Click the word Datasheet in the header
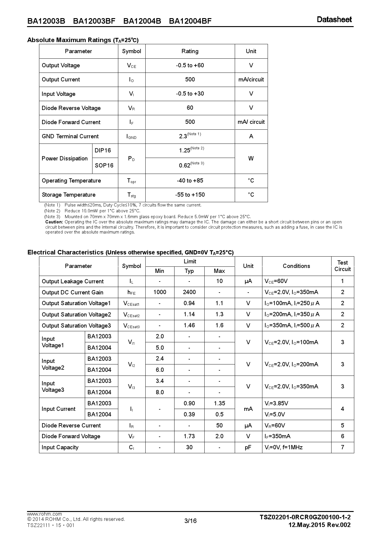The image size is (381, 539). tap(334, 19)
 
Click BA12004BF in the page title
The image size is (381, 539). tap(190, 21)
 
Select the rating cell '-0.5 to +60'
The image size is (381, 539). tap(190, 65)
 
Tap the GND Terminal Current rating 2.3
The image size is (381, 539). tap(183, 136)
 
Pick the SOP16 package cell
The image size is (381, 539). tap(104, 166)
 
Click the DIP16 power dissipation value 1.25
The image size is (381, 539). tap(185, 151)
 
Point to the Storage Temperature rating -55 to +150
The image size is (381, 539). tap(190, 195)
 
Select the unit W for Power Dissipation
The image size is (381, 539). tap(251, 159)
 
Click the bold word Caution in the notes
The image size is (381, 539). tap(54, 222)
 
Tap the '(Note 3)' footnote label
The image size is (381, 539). tap(52, 217)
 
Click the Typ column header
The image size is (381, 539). tap(189, 271)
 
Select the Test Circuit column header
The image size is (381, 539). tap(342, 266)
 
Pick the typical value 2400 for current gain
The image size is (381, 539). tap(189, 292)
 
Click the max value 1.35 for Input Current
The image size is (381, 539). tap(219, 403)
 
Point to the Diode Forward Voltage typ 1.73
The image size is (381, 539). tap(189, 436)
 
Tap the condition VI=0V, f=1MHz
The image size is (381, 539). tap(283, 447)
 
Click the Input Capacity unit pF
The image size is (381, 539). tap(248, 447)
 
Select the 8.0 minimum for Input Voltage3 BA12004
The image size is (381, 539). tap(160, 392)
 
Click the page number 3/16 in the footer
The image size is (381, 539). tap(190, 521)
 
